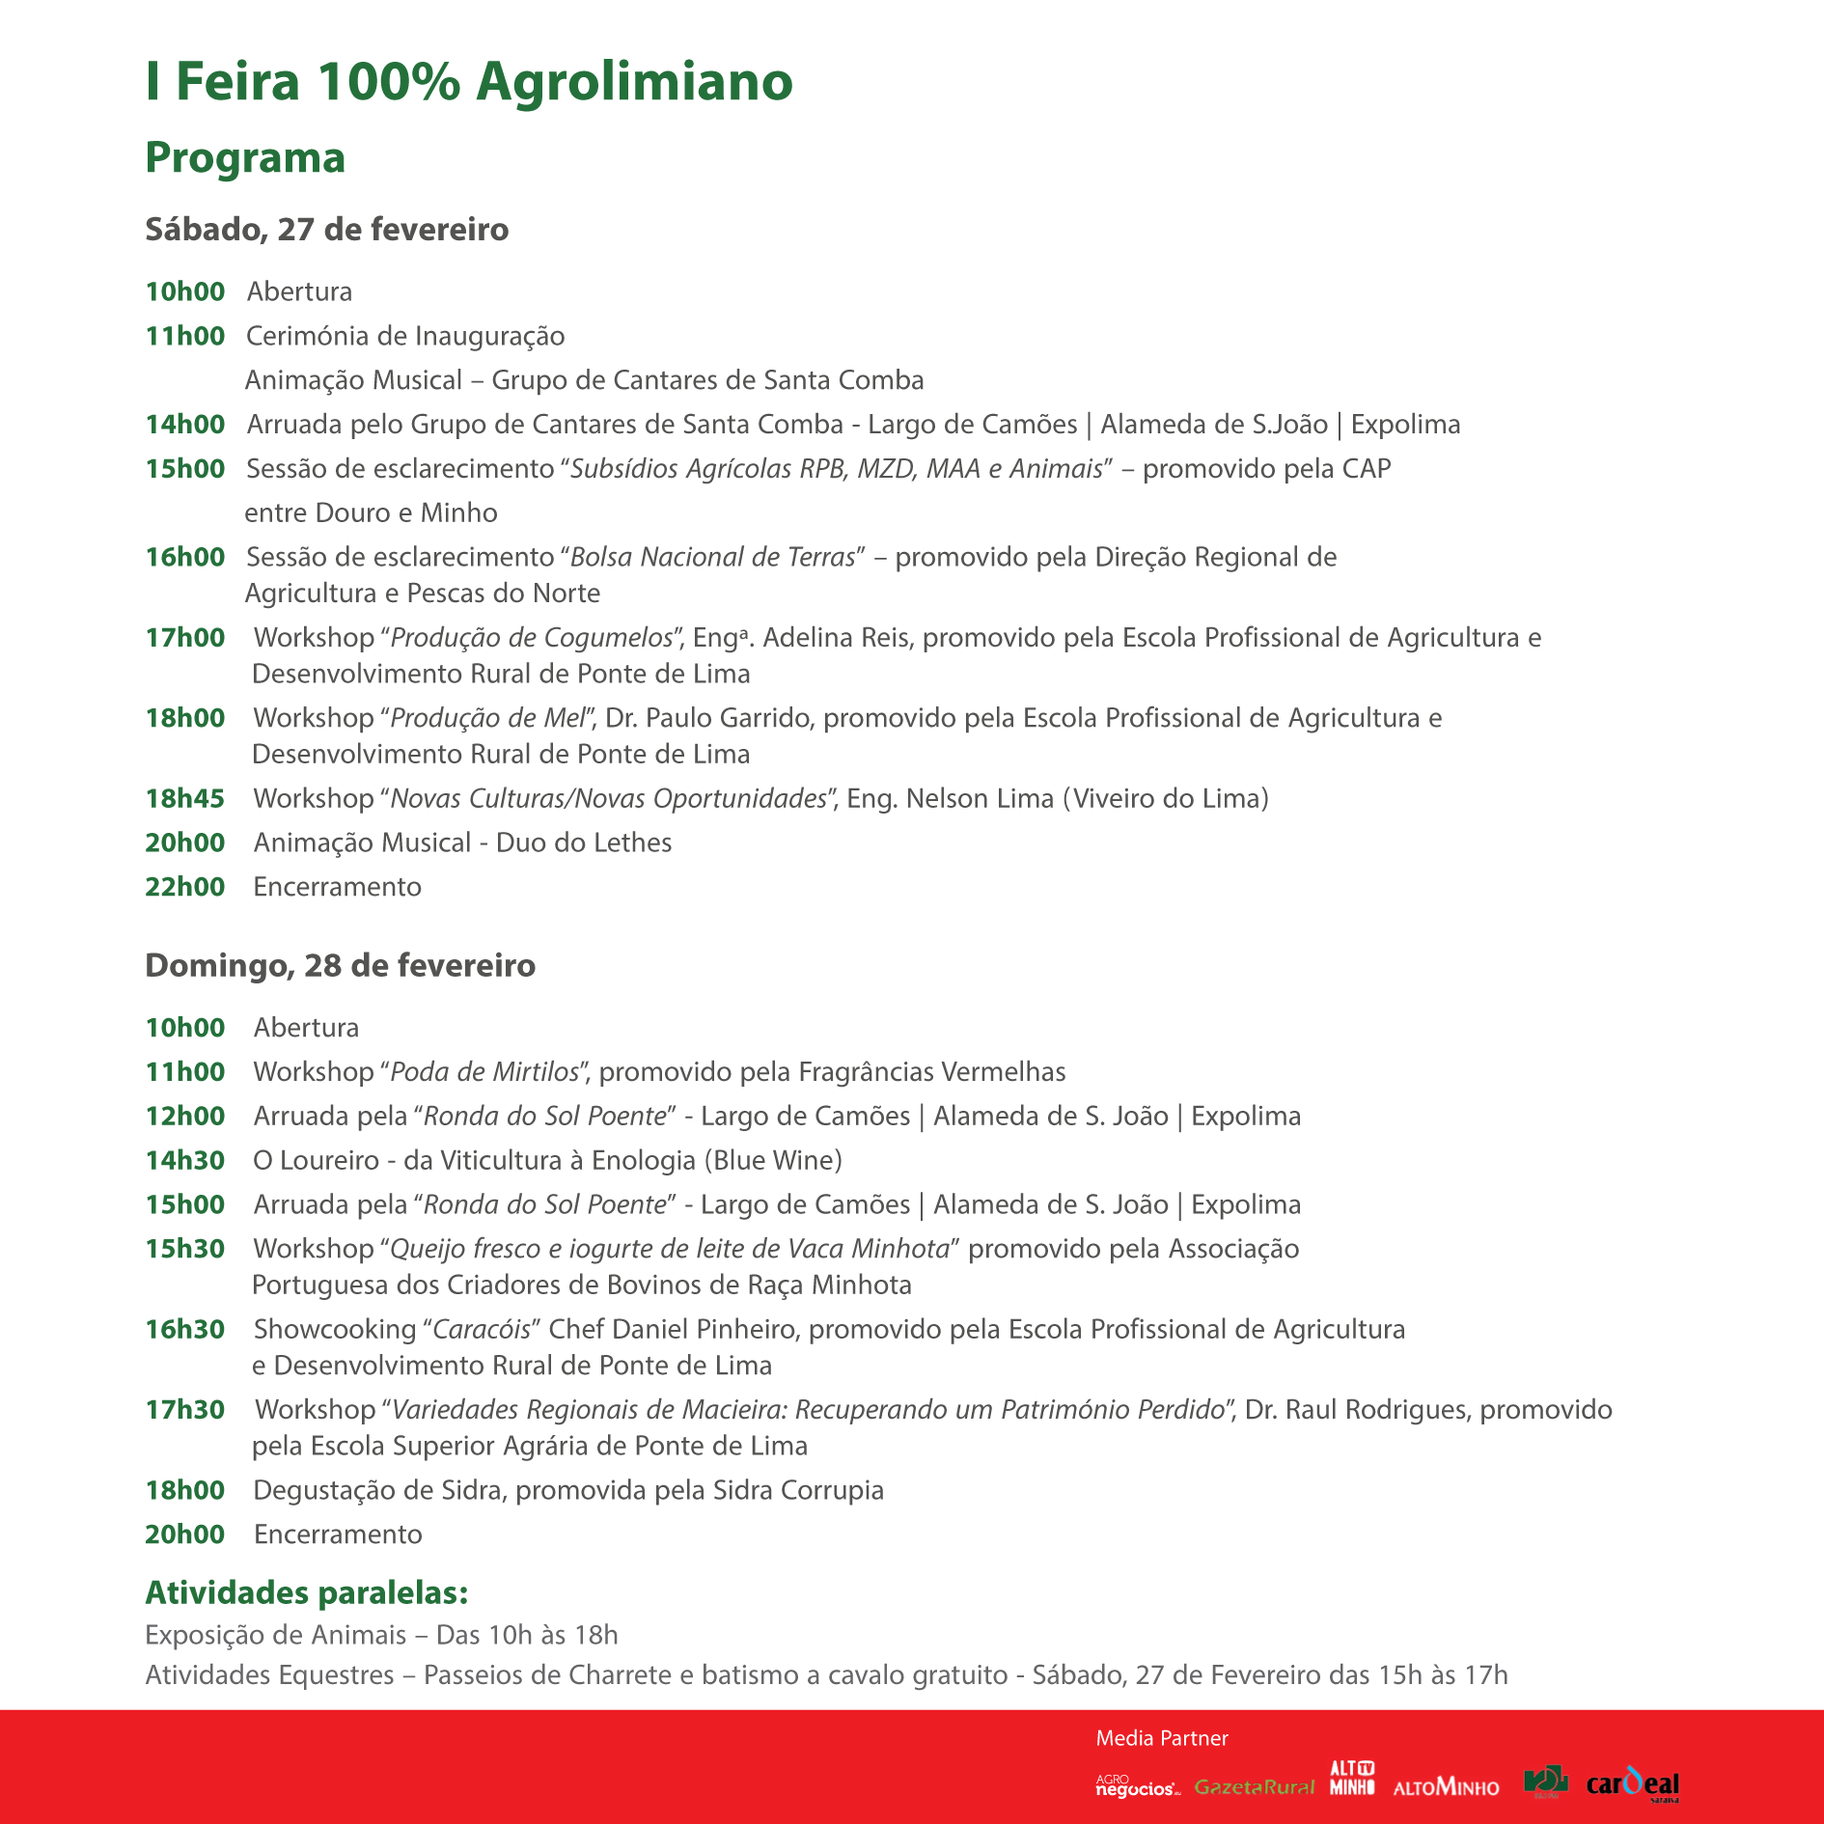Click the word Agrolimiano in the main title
coord(634,81)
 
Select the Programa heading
coord(245,158)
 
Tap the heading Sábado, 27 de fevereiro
coord(326,230)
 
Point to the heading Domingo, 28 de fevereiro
coord(340,965)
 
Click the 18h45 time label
coord(184,798)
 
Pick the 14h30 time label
coord(184,1160)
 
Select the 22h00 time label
coord(184,887)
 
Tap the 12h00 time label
coord(184,1116)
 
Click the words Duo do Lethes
coord(584,843)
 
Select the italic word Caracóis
coord(482,1330)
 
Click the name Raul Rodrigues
coord(1377,1410)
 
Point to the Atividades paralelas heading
coord(306,1592)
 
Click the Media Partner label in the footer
coord(1162,1738)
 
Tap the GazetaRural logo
coord(1254,1787)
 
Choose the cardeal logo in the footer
coord(1632,1784)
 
